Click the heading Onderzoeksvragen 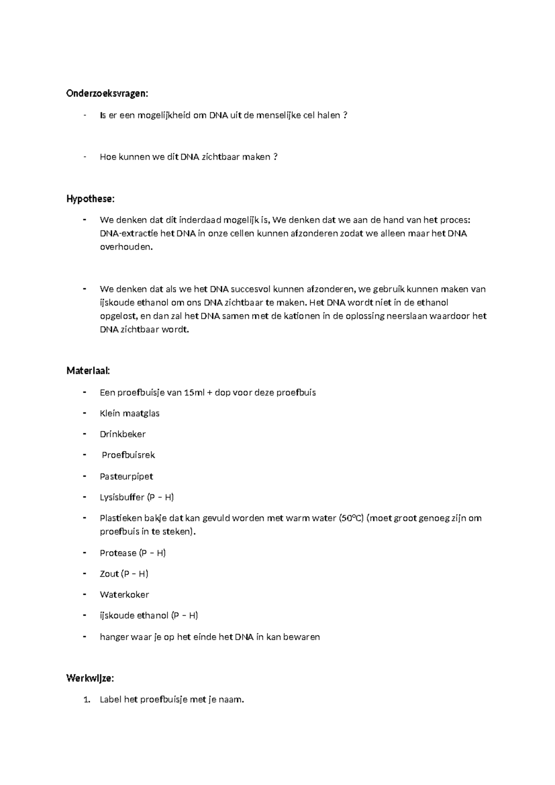pos(107,93)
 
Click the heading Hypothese pos(90,199)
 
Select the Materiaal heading pos(88,371)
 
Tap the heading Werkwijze pos(90,679)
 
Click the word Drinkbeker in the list pos(123,434)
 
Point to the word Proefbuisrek pos(128,455)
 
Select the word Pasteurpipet pos(126,476)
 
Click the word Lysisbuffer pos(122,498)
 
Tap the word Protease pos(118,553)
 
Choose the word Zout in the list pos(109,574)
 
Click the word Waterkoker pos(124,595)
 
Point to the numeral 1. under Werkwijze pos(86,700)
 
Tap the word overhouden pos(126,247)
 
